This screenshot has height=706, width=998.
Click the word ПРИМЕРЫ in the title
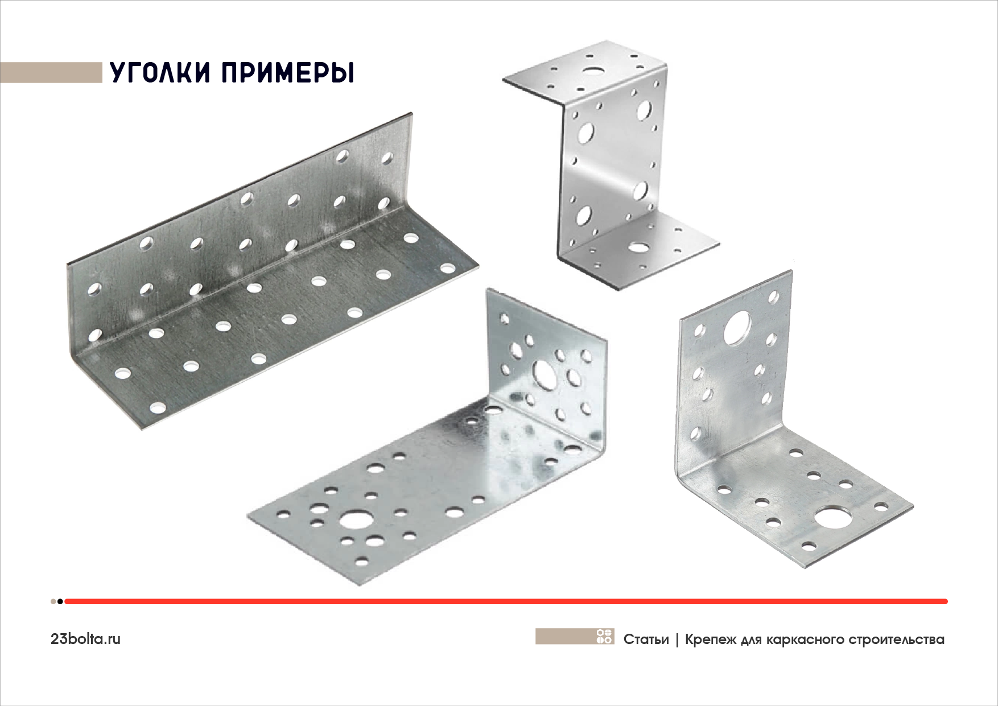point(286,73)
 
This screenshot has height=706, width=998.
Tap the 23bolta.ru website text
point(85,639)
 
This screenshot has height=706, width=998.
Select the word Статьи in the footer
point(646,639)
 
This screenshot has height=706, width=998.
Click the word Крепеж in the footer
point(708,639)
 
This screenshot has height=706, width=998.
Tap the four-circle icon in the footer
point(604,636)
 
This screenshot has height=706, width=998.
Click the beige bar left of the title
point(51,73)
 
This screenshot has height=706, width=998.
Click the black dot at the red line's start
point(60,601)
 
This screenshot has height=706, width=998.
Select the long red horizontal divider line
point(506,601)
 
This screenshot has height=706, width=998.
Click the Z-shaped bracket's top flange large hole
point(594,72)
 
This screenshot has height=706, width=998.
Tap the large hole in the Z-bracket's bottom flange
point(640,247)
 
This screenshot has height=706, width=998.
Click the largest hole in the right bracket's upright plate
point(738,327)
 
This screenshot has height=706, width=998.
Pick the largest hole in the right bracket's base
point(832,518)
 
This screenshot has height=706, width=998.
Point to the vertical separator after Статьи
point(677,640)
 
